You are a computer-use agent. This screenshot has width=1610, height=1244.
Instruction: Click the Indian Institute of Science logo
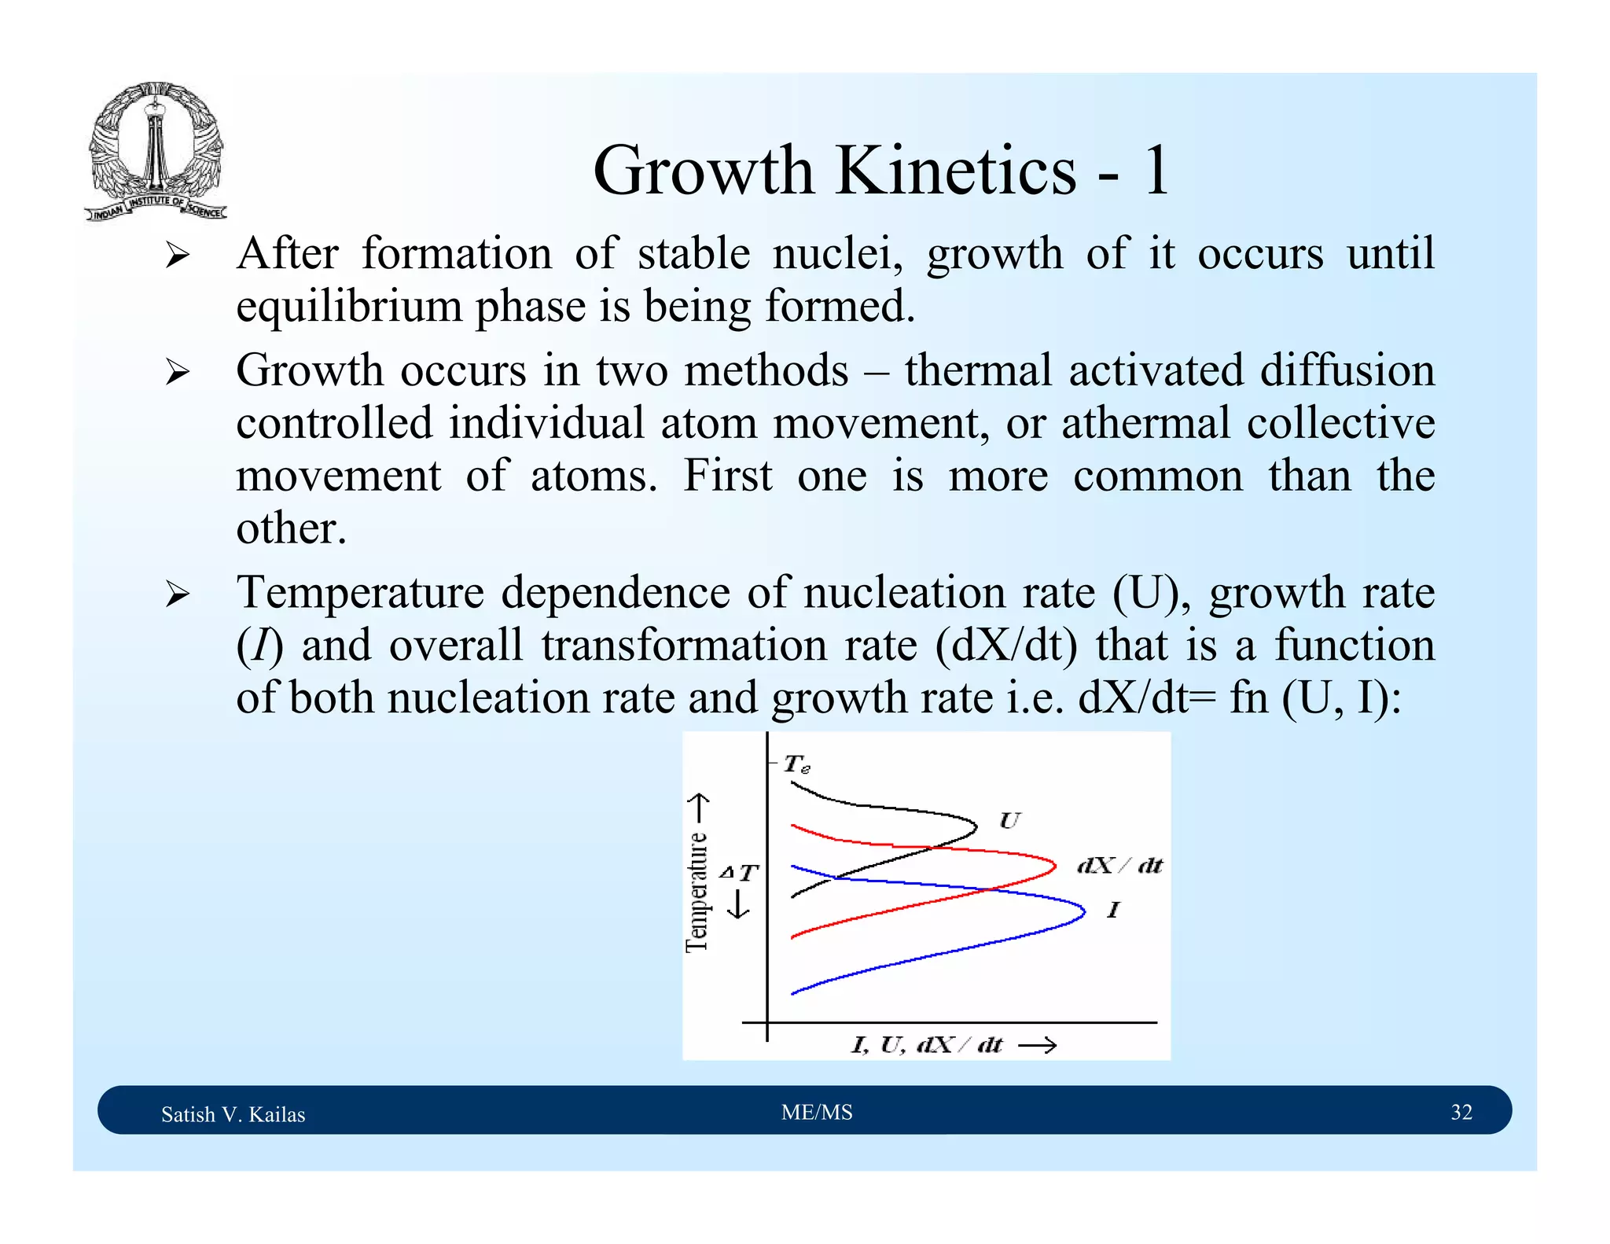click(156, 151)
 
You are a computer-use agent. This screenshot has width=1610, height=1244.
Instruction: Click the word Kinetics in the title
click(955, 171)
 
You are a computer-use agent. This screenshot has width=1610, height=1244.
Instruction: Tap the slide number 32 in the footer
click(1461, 1112)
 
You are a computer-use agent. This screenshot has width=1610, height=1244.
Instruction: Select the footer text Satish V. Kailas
click(233, 1114)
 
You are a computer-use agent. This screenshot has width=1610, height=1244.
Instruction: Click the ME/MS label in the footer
click(817, 1112)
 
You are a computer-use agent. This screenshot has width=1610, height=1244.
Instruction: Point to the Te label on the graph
click(796, 764)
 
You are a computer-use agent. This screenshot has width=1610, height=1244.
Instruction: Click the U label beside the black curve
click(1009, 821)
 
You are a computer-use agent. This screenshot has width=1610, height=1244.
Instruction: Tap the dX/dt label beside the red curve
click(1119, 866)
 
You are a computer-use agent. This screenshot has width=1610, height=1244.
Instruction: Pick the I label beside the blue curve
click(1112, 911)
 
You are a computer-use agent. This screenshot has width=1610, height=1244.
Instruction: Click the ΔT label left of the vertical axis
click(739, 872)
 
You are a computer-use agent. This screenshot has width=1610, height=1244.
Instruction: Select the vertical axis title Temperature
click(697, 893)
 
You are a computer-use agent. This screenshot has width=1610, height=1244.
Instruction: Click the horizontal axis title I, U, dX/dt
click(928, 1045)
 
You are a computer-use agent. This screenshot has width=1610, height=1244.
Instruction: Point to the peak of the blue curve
click(1084, 912)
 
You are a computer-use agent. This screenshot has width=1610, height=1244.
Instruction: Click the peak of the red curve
click(1055, 866)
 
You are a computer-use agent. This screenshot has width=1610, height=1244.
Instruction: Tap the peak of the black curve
click(976, 826)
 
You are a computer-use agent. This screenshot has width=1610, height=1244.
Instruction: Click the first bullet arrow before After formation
click(178, 256)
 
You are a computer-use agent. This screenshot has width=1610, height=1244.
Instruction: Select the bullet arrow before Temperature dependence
click(178, 594)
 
